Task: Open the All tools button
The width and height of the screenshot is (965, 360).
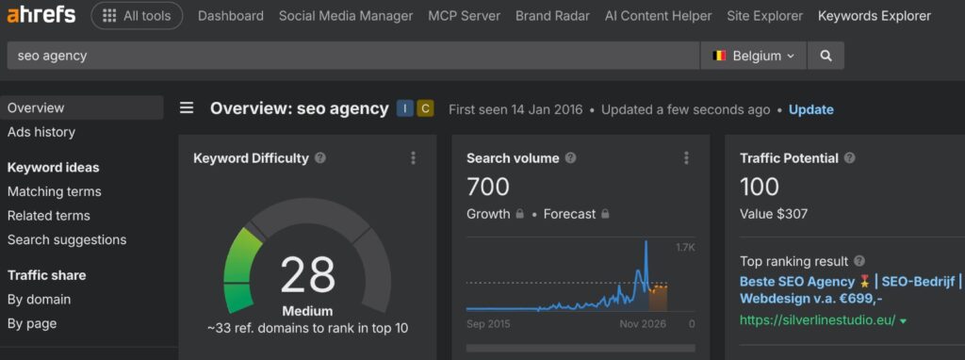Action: [x=137, y=16]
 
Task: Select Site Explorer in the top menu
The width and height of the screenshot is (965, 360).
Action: [x=764, y=16]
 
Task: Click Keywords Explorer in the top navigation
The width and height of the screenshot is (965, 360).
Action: [x=874, y=16]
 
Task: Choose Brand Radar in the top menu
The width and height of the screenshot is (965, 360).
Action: [x=552, y=16]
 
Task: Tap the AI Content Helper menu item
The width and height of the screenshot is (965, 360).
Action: [x=658, y=16]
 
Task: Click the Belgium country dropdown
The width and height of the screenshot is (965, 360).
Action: [x=753, y=56]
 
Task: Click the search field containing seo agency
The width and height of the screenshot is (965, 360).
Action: [x=353, y=56]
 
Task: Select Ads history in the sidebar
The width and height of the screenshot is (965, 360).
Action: [x=41, y=132]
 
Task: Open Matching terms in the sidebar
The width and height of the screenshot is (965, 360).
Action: [x=55, y=191]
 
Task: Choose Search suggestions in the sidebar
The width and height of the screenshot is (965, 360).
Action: [x=67, y=240]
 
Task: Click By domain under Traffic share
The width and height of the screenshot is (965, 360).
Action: [x=40, y=300]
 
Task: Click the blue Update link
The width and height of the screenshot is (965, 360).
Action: [x=810, y=109]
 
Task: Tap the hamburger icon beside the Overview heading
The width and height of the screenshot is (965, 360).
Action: [x=187, y=108]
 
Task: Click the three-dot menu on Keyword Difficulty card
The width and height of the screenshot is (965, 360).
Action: [x=413, y=158]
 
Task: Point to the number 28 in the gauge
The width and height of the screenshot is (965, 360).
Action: [x=307, y=275]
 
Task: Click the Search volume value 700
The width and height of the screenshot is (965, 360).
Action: [x=488, y=187]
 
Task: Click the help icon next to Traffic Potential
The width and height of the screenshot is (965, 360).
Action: [x=849, y=158]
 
